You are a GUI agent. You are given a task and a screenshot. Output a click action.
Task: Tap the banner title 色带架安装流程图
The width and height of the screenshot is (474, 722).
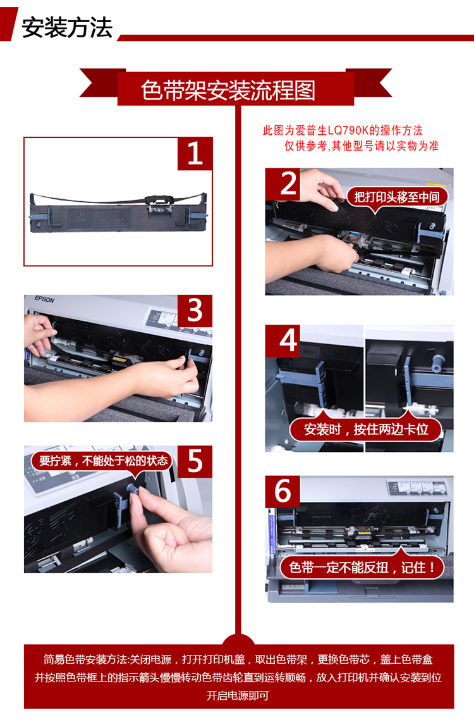pyautogui.click(x=229, y=90)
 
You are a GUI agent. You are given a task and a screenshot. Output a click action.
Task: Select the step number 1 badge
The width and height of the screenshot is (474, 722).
pyautogui.click(x=195, y=153)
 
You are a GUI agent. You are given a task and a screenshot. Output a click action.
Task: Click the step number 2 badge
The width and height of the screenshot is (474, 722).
pyautogui.click(x=283, y=184)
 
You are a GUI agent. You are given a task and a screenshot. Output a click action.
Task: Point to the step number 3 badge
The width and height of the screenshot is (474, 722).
pyautogui.click(x=195, y=311)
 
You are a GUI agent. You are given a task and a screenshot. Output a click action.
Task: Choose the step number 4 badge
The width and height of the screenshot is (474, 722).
pyautogui.click(x=283, y=340)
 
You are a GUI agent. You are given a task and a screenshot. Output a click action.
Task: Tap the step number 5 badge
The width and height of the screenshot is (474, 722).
pyautogui.click(x=195, y=461)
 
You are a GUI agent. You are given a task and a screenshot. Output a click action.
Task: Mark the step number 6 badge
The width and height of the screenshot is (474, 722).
pyautogui.click(x=283, y=491)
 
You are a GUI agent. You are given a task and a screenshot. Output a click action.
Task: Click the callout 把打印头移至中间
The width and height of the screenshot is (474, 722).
pyautogui.click(x=397, y=197)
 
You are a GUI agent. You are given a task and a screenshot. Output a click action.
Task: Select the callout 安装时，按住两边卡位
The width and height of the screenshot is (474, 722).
pyautogui.click(x=366, y=429)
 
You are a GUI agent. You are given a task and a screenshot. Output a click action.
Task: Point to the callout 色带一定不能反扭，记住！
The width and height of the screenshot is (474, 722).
pyautogui.click(x=362, y=567)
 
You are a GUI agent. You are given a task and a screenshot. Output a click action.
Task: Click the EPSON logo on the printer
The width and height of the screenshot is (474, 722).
pyautogui.click(x=45, y=299)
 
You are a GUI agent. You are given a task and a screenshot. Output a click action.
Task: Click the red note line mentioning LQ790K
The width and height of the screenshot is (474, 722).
pyautogui.click(x=343, y=130)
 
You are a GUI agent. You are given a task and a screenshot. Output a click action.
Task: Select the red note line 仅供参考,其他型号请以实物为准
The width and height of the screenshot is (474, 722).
pyautogui.click(x=362, y=146)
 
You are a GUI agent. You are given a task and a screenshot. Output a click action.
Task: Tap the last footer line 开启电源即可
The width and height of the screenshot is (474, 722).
pyautogui.click(x=238, y=695)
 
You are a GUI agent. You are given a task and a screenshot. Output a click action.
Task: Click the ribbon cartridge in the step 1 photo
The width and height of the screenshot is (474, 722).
pyautogui.click(x=118, y=212)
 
